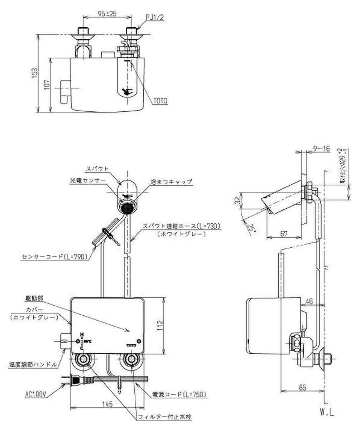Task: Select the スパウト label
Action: tap(97, 168)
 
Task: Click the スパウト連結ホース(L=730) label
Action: tap(181, 226)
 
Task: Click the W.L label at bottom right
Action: tap(327, 413)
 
